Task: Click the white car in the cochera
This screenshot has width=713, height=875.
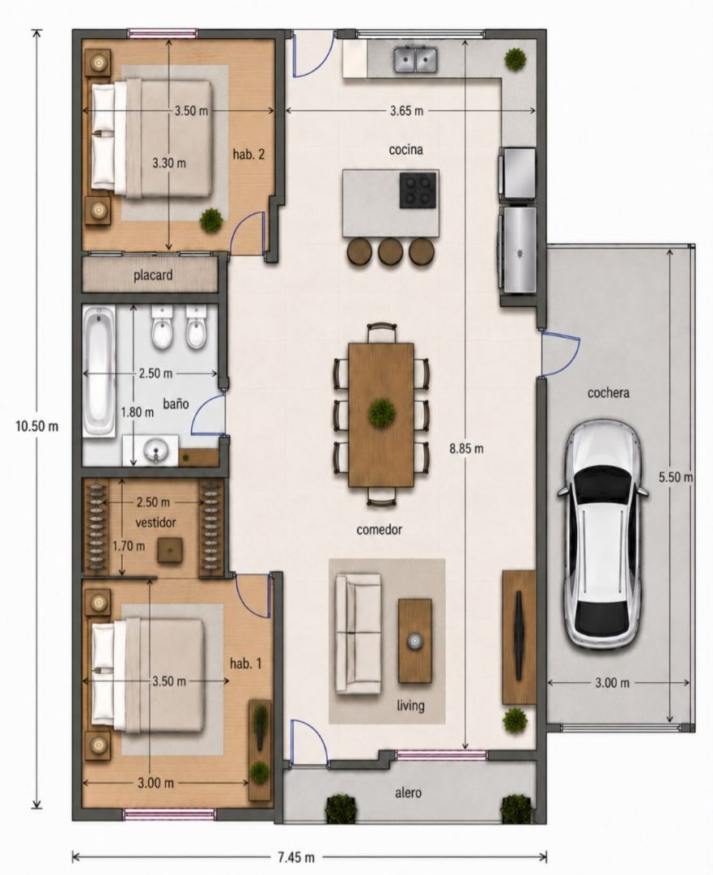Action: point(603,534)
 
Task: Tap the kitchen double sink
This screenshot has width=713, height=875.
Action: point(416,60)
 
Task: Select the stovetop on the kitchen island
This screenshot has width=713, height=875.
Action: point(418,190)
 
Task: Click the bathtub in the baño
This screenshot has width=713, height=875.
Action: point(100,371)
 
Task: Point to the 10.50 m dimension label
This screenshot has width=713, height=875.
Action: point(36,426)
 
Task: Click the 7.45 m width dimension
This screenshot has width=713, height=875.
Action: point(296,856)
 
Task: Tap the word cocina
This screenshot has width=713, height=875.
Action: point(405,150)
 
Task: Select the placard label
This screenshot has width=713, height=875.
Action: point(153,275)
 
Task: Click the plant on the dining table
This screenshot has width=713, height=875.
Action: point(382,413)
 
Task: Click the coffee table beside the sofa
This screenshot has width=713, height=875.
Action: point(414,641)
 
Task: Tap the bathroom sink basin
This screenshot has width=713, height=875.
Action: point(155,450)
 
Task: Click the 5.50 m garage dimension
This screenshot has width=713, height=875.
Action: point(676,477)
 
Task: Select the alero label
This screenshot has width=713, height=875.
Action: point(408,792)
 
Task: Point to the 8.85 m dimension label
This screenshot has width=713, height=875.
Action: point(467,447)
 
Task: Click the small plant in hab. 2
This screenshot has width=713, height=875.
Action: point(211,220)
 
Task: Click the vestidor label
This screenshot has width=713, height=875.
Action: point(156,523)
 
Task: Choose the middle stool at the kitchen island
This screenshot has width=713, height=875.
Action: point(390,251)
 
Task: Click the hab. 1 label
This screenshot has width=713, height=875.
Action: point(246,664)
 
